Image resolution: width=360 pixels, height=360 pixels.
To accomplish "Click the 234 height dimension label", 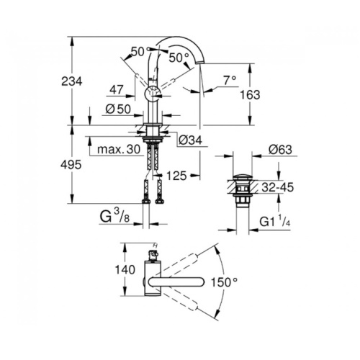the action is (72, 81).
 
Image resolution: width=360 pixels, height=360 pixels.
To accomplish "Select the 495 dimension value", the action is (71, 165).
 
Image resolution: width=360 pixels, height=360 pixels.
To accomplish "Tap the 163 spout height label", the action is (250, 95).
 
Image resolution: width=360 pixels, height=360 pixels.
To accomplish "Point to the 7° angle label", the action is (230, 80).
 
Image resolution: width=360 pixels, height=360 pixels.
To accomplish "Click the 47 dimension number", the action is (117, 90).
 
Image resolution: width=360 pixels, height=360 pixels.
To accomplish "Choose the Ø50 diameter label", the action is (118, 109).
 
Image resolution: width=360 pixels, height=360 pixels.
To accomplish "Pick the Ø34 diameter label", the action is (191, 140).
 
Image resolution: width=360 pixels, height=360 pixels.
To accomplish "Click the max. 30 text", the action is (119, 150).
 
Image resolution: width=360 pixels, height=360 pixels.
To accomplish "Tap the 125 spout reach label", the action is (176, 176).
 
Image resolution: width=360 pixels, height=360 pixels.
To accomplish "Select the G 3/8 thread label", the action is (114, 216).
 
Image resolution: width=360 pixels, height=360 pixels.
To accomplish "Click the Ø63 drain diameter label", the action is (280, 150).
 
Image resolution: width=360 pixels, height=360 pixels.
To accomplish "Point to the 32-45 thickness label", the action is (278, 187).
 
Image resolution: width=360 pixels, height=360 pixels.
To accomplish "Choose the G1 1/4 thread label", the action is (275, 221).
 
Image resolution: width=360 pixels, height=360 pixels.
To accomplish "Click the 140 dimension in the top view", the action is (125, 270).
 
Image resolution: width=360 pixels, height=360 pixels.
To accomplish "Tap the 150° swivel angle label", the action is (224, 282).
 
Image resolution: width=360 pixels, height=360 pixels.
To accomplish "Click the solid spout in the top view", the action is (176, 282).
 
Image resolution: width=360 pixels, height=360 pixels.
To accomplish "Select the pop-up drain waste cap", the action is (243, 178).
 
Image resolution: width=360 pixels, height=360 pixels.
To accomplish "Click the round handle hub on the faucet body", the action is (153, 95).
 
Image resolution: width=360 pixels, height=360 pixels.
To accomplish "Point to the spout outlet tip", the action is (200, 63).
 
